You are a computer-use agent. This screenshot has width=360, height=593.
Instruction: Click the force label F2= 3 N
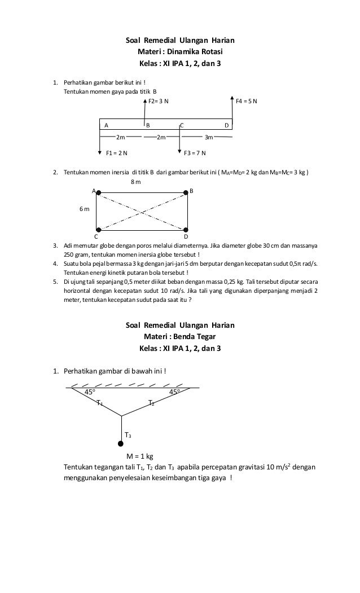pos(158,102)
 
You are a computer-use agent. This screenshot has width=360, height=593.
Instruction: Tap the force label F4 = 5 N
pos(247,102)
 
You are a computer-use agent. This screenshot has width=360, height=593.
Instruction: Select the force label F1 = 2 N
pos(117,152)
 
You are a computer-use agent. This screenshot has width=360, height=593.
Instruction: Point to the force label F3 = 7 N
pos(195,152)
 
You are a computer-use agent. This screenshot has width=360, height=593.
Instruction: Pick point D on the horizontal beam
pos(226,125)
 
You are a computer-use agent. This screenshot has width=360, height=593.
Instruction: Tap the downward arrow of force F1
pos(100,144)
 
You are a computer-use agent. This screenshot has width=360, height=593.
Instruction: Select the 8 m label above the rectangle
pos(135,182)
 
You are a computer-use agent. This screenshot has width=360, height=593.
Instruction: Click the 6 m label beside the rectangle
pos(84,209)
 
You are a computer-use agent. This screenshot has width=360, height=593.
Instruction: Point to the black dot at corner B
pos(186,193)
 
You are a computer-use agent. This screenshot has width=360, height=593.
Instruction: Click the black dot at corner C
pos(99,230)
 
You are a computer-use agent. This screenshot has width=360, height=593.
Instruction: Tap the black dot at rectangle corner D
pos(186,230)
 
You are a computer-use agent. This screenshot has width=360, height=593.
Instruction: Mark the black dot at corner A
pos(99,193)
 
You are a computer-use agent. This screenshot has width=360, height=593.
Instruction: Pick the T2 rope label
pos(151,403)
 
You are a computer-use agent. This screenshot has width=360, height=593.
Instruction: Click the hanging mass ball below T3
pos(121,444)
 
